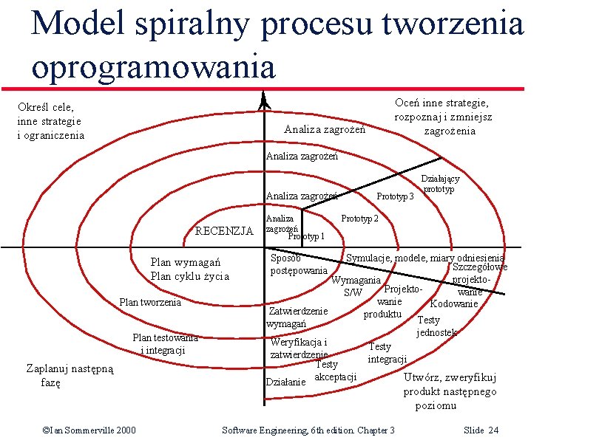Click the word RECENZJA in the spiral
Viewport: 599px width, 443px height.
click(x=223, y=231)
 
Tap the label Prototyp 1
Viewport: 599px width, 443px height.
click(x=305, y=236)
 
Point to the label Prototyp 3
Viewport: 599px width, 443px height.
click(x=396, y=196)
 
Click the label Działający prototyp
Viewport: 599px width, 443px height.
click(x=440, y=184)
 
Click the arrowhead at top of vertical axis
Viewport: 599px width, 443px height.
click(x=265, y=102)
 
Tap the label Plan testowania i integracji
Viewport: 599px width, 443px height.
click(x=164, y=343)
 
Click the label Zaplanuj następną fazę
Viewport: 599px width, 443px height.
click(x=70, y=376)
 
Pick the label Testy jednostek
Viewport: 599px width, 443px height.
click(x=436, y=326)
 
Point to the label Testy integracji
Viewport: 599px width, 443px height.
click(x=387, y=353)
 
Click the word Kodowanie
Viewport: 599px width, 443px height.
click(x=454, y=303)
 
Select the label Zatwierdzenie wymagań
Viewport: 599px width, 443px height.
click(x=297, y=317)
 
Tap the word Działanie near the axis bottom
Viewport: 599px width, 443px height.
click(x=285, y=382)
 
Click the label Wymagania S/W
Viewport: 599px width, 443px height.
click(x=356, y=286)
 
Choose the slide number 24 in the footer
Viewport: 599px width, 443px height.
click(x=481, y=430)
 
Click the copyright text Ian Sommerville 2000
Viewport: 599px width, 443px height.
click(x=89, y=430)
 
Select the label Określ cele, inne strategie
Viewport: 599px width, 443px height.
click(x=50, y=121)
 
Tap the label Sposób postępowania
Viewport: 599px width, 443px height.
click(x=299, y=264)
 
